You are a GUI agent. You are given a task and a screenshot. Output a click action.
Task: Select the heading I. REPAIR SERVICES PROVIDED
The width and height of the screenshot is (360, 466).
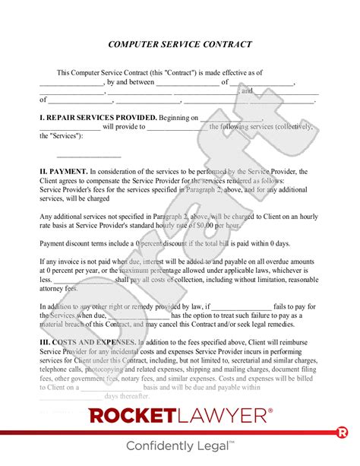[97, 118]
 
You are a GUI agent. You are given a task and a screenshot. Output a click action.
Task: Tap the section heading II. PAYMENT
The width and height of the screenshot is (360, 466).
[63, 172]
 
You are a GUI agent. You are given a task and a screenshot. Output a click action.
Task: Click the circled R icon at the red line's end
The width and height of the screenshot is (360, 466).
[343, 433]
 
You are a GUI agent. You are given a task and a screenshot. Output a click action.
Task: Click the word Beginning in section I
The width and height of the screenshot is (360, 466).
[178, 118]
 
